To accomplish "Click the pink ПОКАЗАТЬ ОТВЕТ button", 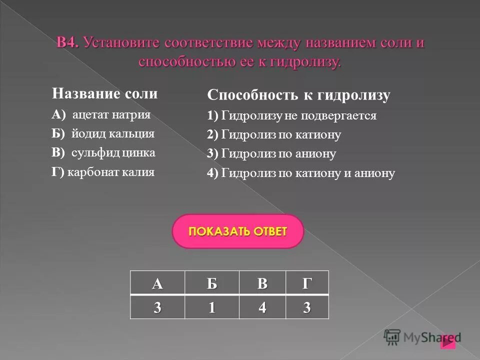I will [237, 231].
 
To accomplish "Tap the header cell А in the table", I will [157, 283].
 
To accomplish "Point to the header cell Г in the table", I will [307, 283].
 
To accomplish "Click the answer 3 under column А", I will [157, 307].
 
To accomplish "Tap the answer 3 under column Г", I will [307, 307].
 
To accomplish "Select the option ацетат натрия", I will [111, 114].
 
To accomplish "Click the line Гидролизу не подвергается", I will [298, 116].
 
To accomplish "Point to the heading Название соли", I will [105, 93].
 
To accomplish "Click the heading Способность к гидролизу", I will [298, 95].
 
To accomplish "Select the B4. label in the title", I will [68, 43].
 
